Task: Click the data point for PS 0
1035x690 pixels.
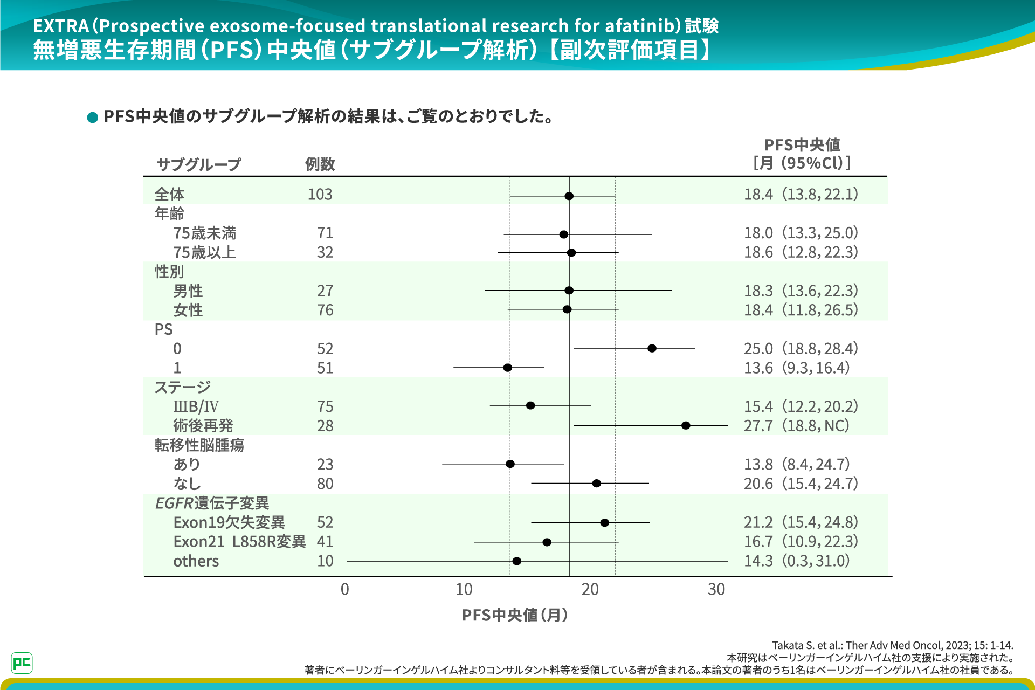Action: point(652,348)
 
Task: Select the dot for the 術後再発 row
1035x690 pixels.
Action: point(686,425)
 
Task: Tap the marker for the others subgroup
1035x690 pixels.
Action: point(516,561)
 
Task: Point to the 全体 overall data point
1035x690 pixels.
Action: point(569,196)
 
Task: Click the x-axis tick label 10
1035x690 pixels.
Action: point(464,589)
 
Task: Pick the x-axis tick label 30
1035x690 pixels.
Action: point(716,589)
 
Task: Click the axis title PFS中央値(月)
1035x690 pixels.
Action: point(515,615)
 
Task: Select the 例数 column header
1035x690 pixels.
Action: point(320,164)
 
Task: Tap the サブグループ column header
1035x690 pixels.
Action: point(198,164)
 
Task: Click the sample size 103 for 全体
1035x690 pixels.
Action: point(320,194)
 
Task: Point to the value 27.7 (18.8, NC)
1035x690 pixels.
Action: point(796,425)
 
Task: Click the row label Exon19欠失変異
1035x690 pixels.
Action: point(229,522)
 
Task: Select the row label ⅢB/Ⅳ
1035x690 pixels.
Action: point(196,406)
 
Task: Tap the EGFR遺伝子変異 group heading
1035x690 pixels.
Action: point(212,503)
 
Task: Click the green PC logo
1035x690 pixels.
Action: point(22,663)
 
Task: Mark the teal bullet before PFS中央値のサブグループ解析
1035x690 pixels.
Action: point(93,117)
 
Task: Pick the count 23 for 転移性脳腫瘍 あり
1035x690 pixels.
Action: point(325,464)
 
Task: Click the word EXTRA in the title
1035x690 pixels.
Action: point(61,26)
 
